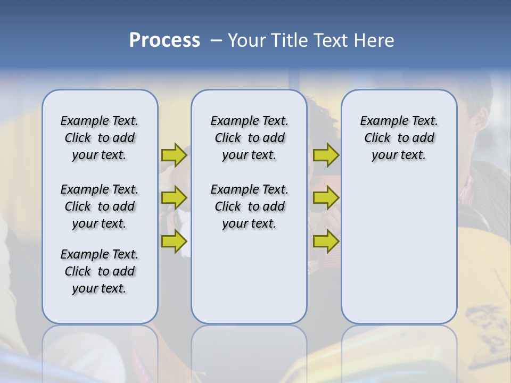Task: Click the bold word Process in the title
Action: (164, 40)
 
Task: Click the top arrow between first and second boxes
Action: (174, 155)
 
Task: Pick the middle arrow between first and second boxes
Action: (174, 198)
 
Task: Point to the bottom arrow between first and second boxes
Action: (174, 241)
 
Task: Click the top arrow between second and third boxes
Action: (326, 155)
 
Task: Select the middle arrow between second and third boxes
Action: (326, 198)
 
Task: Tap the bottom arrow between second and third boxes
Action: (326, 241)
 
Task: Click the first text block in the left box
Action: (100, 138)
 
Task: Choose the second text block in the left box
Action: (100, 206)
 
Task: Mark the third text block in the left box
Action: (100, 271)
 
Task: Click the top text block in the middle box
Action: (249, 138)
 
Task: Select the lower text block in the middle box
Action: (249, 206)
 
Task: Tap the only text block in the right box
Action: (399, 138)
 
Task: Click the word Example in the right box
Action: (380, 121)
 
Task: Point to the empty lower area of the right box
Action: (399, 250)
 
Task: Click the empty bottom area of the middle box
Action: (249, 282)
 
